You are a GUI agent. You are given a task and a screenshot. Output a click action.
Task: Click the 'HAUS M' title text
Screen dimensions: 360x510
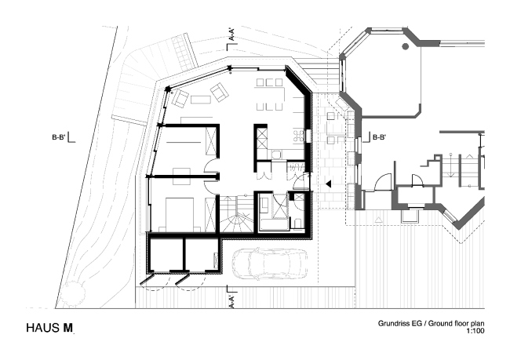tap(51, 327)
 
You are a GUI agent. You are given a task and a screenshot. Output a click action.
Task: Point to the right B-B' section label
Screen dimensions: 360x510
tap(381, 137)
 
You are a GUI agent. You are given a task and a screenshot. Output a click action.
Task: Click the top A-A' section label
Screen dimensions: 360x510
tap(231, 35)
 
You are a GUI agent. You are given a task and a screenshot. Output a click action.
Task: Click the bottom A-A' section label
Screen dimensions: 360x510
tap(231, 300)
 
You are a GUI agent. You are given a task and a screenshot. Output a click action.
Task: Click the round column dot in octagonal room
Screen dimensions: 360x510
tap(404, 47)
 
